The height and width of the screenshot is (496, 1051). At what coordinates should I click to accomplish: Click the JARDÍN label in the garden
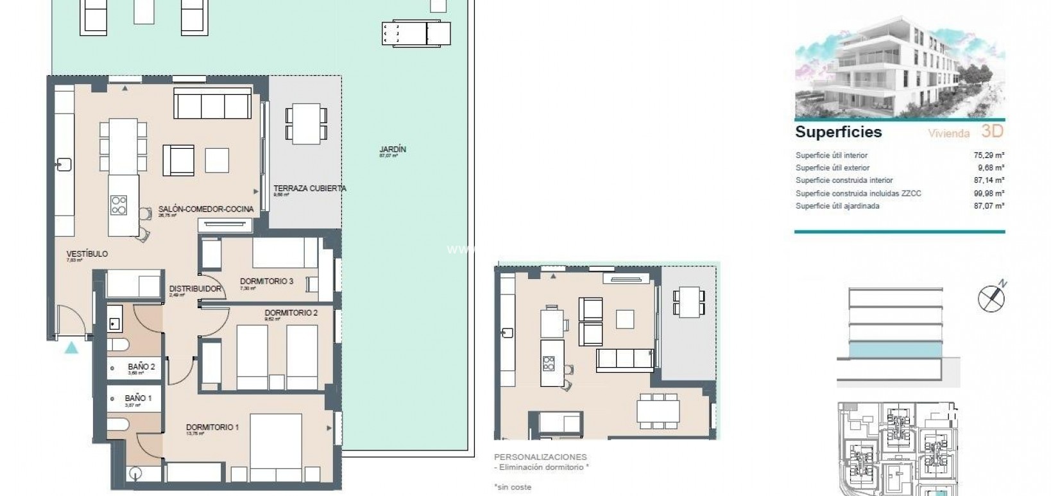[x=392, y=150]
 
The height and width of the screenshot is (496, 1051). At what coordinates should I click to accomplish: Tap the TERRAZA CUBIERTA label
[x=309, y=189]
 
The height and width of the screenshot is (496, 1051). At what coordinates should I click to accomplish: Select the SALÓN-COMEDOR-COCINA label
[x=205, y=209]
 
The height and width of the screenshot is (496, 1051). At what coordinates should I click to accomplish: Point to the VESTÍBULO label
[x=87, y=254]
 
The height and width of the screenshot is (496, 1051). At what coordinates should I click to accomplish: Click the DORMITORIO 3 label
[x=266, y=281]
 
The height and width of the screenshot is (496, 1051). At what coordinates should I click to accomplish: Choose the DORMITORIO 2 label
[x=291, y=313]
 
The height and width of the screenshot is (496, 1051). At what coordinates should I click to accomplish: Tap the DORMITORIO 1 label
[x=212, y=427]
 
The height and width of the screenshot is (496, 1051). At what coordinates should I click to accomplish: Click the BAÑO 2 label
[x=141, y=367]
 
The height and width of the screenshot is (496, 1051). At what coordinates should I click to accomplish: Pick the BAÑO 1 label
[x=138, y=398]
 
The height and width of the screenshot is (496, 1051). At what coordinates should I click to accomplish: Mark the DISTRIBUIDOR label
[x=195, y=289]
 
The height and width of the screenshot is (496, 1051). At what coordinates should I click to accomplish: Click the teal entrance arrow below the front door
[x=72, y=348]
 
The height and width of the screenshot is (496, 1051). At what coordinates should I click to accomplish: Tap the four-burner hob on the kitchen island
[x=119, y=205]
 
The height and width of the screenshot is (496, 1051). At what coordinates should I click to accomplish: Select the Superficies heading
[x=838, y=132]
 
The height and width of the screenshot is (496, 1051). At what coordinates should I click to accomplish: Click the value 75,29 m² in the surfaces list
[x=989, y=155]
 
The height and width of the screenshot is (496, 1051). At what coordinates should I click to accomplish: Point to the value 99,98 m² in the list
[x=989, y=193]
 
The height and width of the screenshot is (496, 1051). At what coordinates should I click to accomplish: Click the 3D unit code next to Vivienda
[x=991, y=132]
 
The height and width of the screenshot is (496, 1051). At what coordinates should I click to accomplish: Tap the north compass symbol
[x=991, y=298]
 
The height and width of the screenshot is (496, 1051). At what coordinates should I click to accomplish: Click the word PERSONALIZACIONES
[x=540, y=458]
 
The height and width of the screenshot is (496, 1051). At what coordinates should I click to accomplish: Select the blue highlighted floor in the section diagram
[x=895, y=349]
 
